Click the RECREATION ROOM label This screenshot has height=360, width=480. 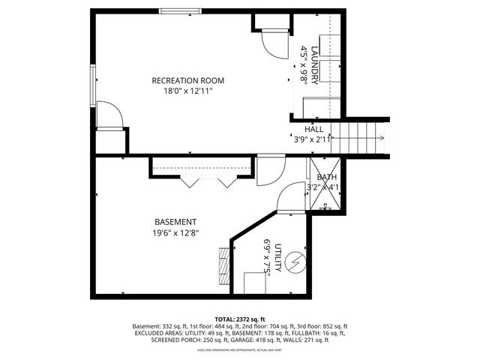tap(187, 80)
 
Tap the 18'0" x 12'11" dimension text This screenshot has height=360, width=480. tap(187, 91)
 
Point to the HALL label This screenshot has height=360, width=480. tap(313, 129)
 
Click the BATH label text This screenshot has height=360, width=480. tap(326, 177)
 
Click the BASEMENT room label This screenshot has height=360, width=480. tap(175, 222)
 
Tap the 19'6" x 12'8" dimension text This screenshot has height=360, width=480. tap(175, 233)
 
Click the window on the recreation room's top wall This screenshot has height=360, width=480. tap(180, 11)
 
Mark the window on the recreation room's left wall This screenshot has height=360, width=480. tap(94, 88)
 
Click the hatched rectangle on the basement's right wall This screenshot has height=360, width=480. tap(223, 263)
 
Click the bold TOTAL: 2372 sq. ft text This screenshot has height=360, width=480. tap(240, 319)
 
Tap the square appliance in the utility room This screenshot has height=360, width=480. tap(257, 283)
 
